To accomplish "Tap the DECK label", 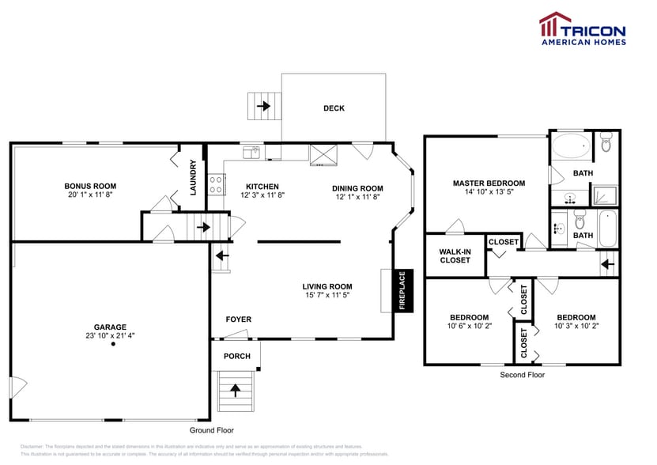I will tap(334, 108).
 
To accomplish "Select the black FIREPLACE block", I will tap(402, 290).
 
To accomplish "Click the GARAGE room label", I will tap(112, 327).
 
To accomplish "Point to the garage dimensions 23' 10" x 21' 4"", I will tap(112, 336).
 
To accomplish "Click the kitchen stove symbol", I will tap(214, 184).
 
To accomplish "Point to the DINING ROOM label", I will tap(358, 187).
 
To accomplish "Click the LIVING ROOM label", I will tap(327, 286).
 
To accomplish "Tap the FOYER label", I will tap(239, 319).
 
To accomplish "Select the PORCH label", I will tap(236, 356).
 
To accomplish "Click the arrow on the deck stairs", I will tap(263, 104).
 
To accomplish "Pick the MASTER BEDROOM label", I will tap(489, 183).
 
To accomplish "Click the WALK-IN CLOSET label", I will tap(455, 255).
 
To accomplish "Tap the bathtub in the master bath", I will tap(569, 146).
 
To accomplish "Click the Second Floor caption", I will tap(522, 375).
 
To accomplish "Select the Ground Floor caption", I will tap(212, 430).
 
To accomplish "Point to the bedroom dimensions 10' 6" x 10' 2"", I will tap(470, 326).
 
